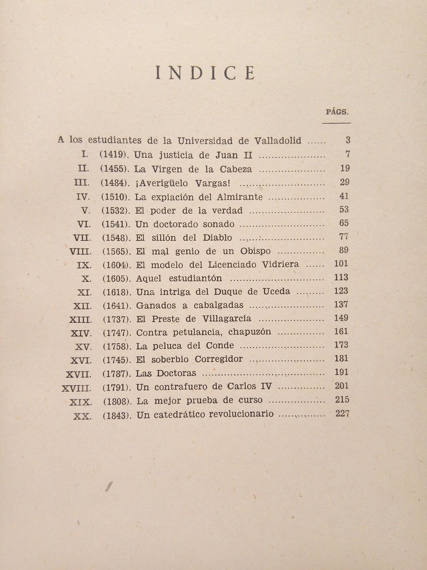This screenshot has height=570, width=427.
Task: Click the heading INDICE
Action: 205,73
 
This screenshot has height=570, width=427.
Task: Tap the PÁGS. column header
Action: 337,112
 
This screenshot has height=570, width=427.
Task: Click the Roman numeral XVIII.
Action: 76,387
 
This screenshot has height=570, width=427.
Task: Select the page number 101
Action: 341,264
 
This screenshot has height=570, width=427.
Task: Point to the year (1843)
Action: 117,415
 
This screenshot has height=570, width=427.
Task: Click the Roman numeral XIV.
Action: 81,333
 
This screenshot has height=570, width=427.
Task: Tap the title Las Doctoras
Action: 166,373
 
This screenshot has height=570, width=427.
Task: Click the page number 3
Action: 348,140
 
